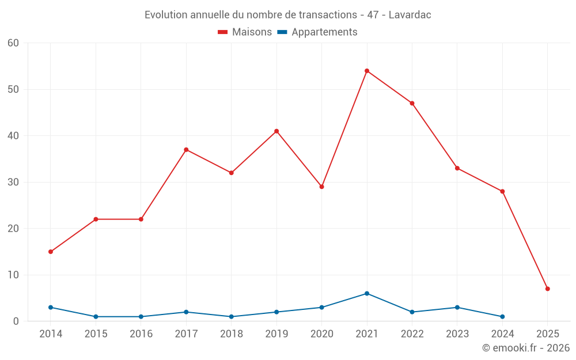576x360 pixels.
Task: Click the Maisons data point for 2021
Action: [x=367, y=71]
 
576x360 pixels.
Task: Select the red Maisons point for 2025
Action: [x=547, y=289]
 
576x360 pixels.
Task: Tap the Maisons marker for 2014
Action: [x=51, y=252]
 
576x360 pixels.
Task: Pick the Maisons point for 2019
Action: [x=276, y=131]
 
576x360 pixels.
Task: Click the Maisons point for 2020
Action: [x=321, y=187]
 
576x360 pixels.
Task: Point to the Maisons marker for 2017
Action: [x=186, y=150]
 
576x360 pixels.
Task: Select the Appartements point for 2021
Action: [x=367, y=293]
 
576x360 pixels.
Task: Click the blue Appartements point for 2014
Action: [x=51, y=308]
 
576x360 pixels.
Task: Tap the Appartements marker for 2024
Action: [x=502, y=317]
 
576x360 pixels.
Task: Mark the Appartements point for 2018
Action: [x=232, y=317]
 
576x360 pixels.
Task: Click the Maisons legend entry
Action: [x=245, y=32]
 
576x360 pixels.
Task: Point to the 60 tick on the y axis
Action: [x=13, y=43]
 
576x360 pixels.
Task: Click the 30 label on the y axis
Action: [x=13, y=182]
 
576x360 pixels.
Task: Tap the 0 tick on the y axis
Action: [x=16, y=321]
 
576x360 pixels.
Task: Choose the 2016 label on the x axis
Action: [x=141, y=334]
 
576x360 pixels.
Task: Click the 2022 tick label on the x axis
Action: [x=412, y=334]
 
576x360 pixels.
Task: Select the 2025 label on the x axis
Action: [x=547, y=334]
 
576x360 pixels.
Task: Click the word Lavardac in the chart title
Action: [x=410, y=15]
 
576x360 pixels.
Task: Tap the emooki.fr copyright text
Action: [x=526, y=348]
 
